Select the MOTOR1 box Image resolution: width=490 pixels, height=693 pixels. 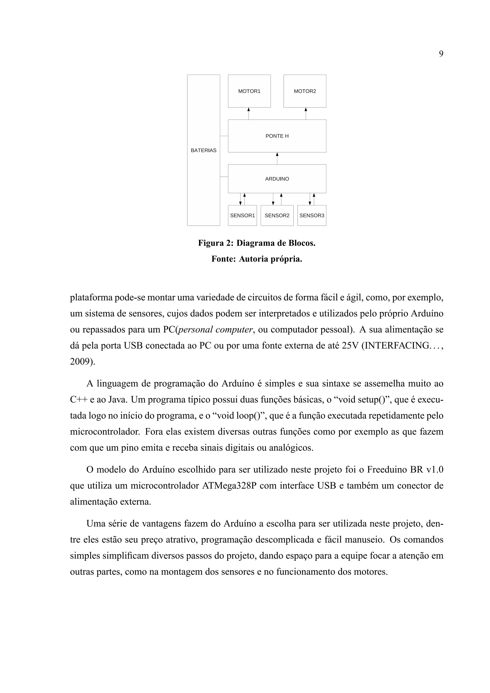[249, 91]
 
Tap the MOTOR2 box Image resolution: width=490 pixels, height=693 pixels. [305, 91]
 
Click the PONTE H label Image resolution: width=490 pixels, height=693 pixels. [277, 136]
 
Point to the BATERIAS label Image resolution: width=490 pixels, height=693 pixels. [203, 150]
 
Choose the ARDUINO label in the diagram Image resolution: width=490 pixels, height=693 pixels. [277, 179]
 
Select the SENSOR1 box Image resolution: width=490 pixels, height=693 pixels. [242, 215]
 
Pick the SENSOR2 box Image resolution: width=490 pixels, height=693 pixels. [277, 215]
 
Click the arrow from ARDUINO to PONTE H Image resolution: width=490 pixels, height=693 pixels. [277, 159]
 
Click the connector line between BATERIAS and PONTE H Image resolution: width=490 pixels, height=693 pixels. [224, 136]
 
